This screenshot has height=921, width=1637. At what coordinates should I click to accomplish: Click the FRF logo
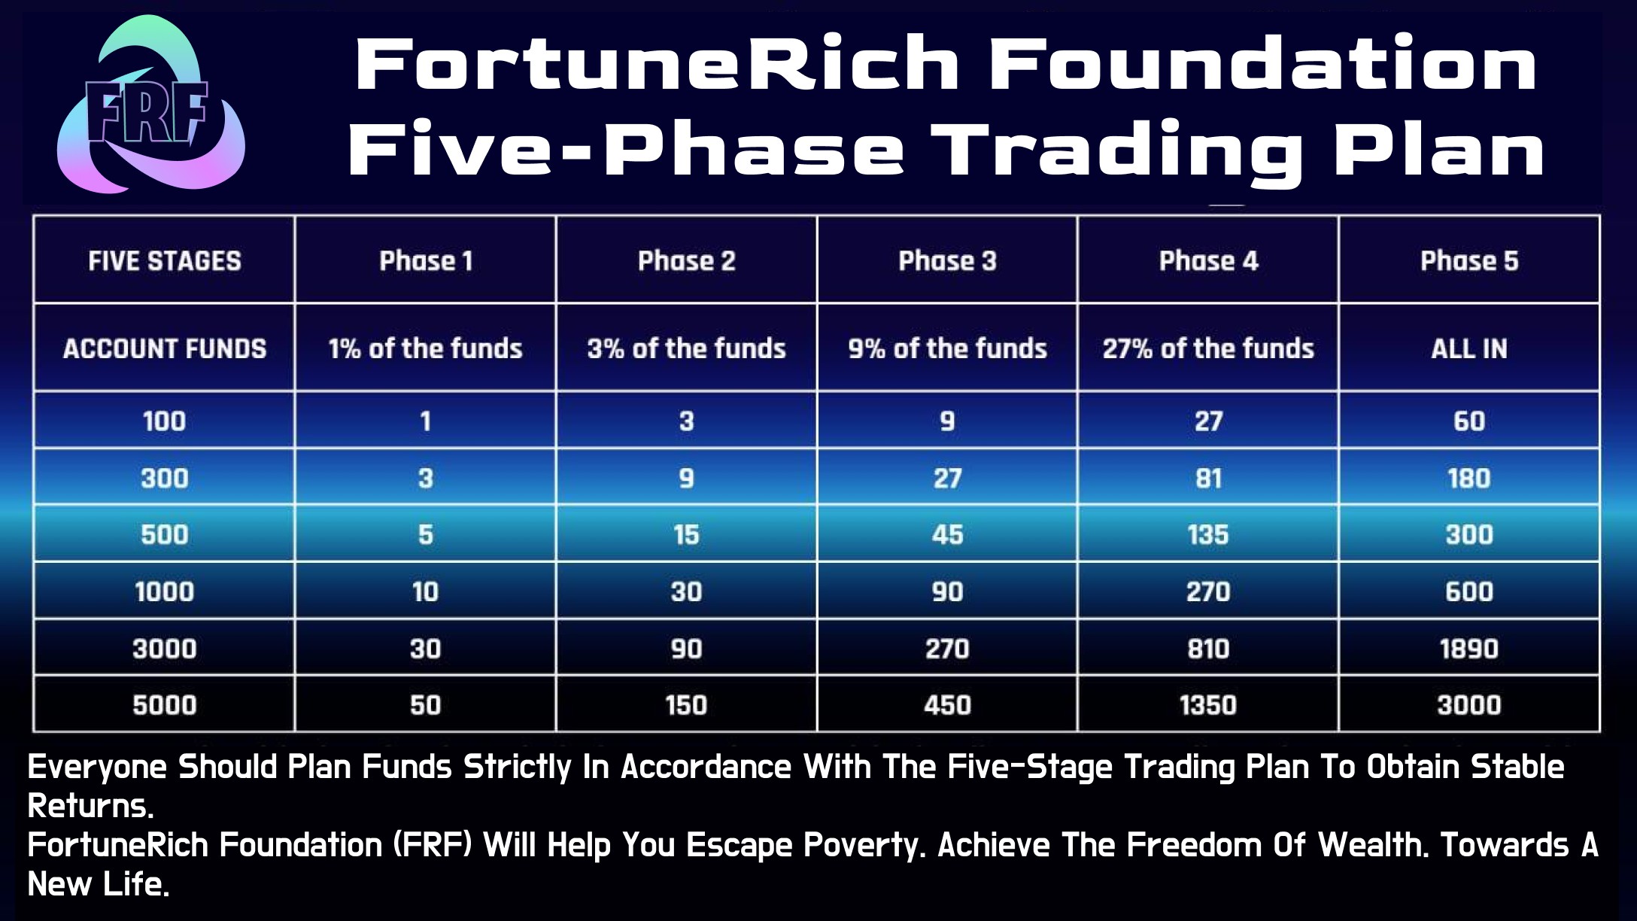[151, 105]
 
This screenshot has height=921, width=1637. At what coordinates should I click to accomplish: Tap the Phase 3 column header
[947, 260]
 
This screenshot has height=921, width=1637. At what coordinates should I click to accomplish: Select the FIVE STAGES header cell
[165, 260]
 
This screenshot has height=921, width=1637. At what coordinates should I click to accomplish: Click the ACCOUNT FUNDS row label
[165, 348]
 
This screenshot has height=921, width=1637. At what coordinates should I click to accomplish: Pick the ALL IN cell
[1469, 348]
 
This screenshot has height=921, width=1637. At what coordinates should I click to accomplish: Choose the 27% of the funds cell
[1208, 348]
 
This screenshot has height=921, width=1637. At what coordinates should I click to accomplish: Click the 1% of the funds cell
[425, 348]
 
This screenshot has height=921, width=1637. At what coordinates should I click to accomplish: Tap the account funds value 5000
[165, 705]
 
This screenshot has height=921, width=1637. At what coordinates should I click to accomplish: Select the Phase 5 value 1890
[1469, 649]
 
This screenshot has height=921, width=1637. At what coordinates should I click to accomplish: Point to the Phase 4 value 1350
[1208, 705]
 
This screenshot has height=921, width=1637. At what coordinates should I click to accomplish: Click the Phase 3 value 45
[947, 535]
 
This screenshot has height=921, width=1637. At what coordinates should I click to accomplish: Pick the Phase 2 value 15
[686, 535]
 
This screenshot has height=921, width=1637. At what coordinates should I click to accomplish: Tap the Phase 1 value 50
[425, 705]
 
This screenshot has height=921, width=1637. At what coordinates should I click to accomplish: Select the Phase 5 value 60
[1469, 421]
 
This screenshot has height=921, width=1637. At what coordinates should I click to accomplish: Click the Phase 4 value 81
[1208, 478]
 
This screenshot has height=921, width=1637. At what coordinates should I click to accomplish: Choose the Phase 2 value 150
[686, 705]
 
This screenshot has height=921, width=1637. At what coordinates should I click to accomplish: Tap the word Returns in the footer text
[90, 806]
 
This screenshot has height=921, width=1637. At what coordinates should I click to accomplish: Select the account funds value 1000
[165, 591]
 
